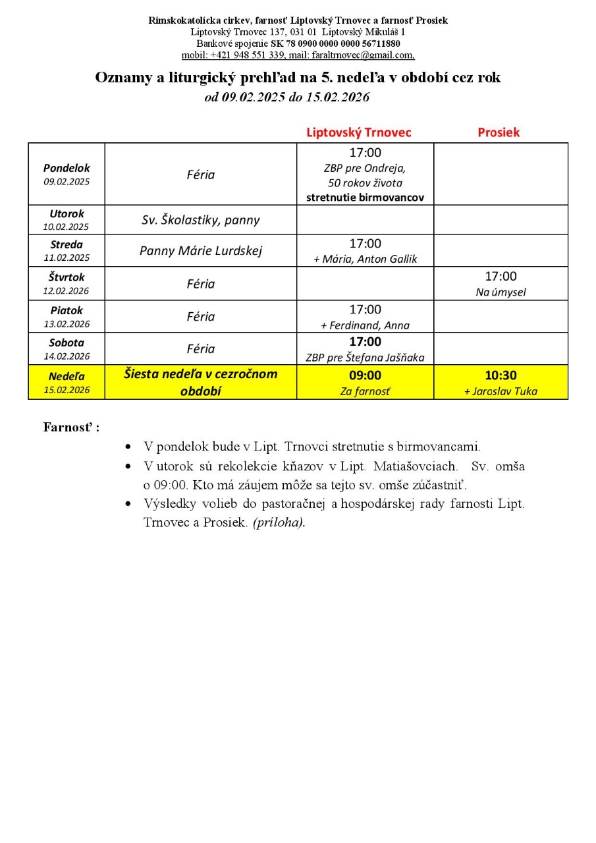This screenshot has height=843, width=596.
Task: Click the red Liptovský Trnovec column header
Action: tap(358, 132)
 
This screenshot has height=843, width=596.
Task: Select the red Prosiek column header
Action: tap(499, 132)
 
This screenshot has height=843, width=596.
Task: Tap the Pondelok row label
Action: tap(67, 168)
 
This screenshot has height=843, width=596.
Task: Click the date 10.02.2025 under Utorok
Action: tap(67, 227)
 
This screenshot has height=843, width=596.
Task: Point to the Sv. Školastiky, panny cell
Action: tap(200, 220)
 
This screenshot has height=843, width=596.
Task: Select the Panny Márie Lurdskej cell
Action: tap(200, 250)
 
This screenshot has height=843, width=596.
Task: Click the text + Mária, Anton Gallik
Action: tap(365, 259)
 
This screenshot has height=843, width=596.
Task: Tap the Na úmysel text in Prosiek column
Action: tap(501, 292)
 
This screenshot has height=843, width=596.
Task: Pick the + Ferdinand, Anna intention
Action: tap(365, 325)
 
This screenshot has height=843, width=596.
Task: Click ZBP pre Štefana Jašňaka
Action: tap(365, 358)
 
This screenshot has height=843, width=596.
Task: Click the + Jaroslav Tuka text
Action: tap(501, 391)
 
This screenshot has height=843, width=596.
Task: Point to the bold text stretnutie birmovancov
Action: tap(365, 197)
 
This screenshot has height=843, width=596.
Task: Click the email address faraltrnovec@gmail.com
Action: tap(362, 55)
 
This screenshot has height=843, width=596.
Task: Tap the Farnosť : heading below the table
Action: tap(71, 427)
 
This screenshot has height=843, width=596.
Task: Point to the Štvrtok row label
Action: tap(67, 277)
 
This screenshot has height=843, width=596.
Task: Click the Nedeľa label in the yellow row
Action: tap(67, 377)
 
